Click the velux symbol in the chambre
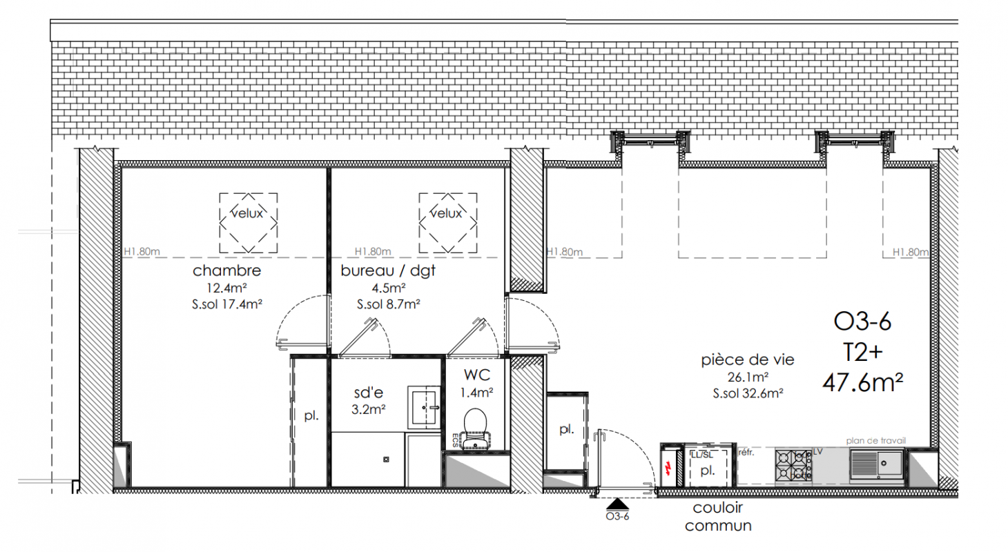pyautogui.click(x=249, y=223)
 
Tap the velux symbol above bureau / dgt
pyautogui.click(x=448, y=223)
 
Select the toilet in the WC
pyautogui.click(x=475, y=428)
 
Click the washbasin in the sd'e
pyautogui.click(x=424, y=407)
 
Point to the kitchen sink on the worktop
pyautogui.click(x=877, y=464)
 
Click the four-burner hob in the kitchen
pyautogui.click(x=793, y=465)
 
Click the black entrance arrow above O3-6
pyautogui.click(x=617, y=504)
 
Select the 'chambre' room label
pyautogui.click(x=226, y=270)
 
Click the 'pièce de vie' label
pyautogui.click(x=748, y=360)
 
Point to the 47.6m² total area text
pyautogui.click(x=862, y=383)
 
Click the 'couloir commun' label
pyautogui.click(x=718, y=516)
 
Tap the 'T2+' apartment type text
pyautogui.click(x=862, y=353)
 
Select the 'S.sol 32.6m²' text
pyautogui.click(x=748, y=393)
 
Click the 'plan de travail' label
pyautogui.click(x=875, y=441)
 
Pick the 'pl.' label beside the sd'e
pyautogui.click(x=311, y=415)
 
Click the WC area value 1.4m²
pyautogui.click(x=476, y=393)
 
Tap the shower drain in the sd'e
pyautogui.click(x=386, y=460)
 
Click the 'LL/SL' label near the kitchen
pyautogui.click(x=701, y=455)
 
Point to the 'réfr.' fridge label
pyautogui.click(x=746, y=453)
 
